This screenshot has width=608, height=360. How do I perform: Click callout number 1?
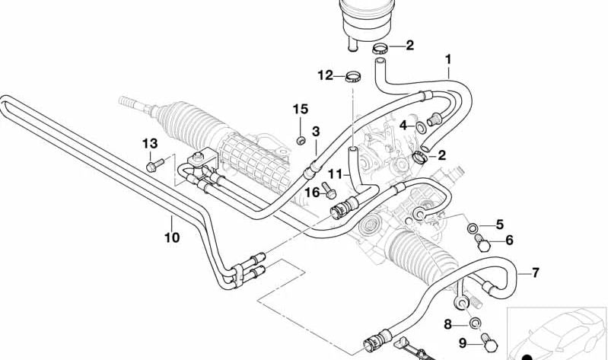(448, 59)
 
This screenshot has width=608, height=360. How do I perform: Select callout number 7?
(535, 272)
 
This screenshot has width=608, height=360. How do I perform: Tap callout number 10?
(172, 237)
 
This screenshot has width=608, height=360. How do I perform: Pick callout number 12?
(325, 75)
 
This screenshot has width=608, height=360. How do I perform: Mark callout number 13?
(149, 144)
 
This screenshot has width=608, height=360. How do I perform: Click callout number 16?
(313, 193)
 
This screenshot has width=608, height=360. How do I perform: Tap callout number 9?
(461, 343)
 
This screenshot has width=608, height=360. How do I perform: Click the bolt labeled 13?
(152, 164)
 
